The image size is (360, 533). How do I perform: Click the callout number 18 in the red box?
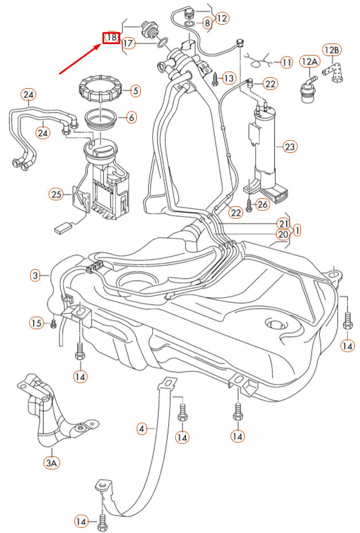tap(111, 38)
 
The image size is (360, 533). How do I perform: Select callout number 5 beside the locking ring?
tap(134, 90)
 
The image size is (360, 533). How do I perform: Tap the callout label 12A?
tap(310, 61)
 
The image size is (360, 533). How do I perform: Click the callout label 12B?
tap(332, 50)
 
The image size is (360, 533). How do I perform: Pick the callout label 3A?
tap(52, 461)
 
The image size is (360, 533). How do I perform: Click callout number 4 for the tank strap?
tap(143, 428)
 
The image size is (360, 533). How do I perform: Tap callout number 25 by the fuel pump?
tap(56, 195)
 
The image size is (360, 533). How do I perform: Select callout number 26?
tap(262, 204)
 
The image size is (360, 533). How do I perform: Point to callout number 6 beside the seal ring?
tap(131, 118)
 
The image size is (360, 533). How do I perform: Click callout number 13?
tap(228, 78)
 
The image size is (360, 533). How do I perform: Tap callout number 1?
tap(298, 230)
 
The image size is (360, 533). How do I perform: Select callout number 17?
tap(128, 44)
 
